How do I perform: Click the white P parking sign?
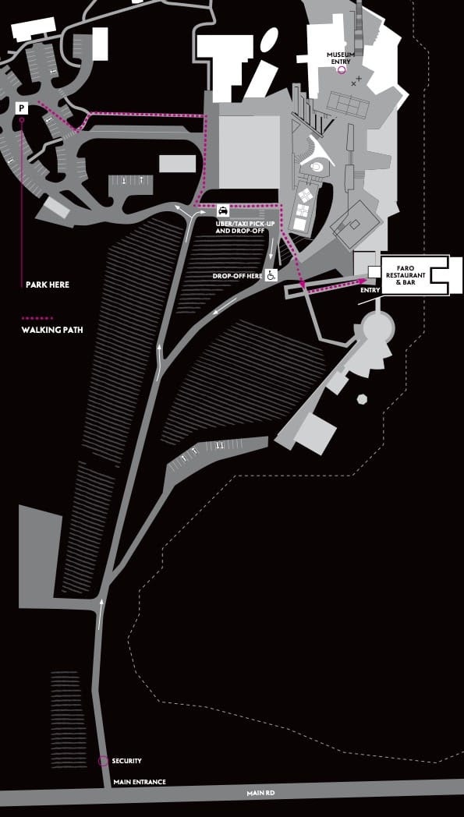[x=21, y=108]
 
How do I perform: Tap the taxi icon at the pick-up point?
[x=223, y=210]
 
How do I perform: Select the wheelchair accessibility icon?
[x=271, y=275]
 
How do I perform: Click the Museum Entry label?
[x=341, y=58]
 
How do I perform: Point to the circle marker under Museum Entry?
[x=342, y=70]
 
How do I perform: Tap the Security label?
[x=126, y=761]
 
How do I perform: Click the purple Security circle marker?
[x=103, y=761]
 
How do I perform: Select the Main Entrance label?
[x=140, y=782]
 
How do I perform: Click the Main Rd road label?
[x=260, y=794]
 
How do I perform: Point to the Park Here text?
[x=48, y=285]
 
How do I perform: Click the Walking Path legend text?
[x=52, y=330]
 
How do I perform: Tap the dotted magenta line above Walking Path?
[x=37, y=318]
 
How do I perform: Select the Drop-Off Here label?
[x=237, y=276]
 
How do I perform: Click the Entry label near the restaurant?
[x=370, y=290]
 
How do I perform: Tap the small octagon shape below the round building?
[x=362, y=399]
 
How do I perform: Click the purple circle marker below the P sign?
[x=21, y=120]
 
